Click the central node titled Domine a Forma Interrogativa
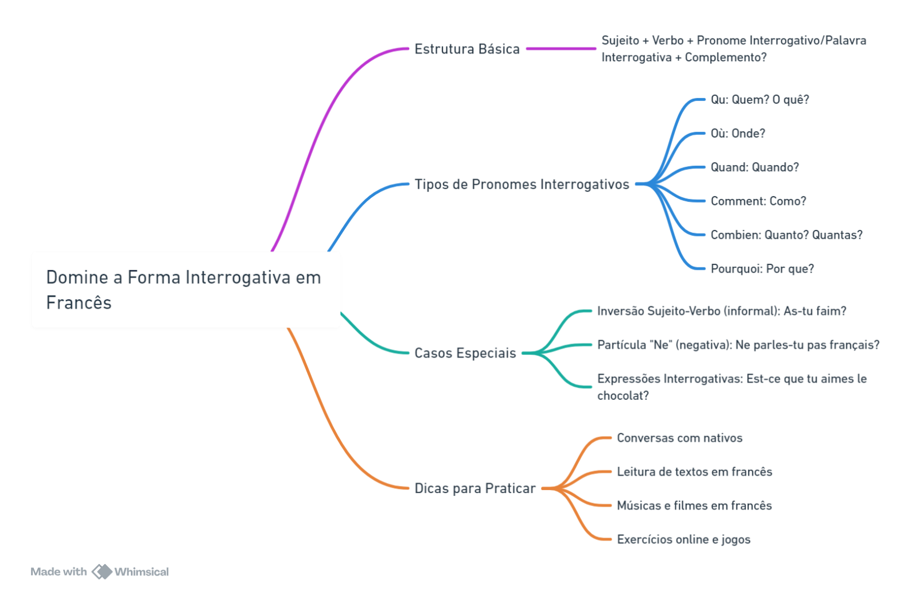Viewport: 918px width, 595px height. [186, 290]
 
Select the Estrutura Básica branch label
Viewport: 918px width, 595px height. [467, 49]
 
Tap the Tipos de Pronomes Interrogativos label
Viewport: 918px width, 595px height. [522, 184]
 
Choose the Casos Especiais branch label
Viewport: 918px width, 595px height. [465, 353]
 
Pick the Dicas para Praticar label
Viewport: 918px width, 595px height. [475, 488]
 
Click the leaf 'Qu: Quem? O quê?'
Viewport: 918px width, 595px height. [760, 100]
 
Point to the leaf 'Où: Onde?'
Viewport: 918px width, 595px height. [738, 134]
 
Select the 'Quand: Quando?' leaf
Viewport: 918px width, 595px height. [754, 167]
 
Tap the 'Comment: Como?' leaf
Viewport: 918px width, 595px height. [758, 201]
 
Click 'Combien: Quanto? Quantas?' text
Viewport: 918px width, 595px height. [787, 235]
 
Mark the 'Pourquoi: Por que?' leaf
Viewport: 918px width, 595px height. [763, 269]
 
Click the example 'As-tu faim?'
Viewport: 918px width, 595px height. [815, 311]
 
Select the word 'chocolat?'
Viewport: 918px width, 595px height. [623, 396]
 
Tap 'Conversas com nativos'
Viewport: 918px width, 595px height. [679, 438]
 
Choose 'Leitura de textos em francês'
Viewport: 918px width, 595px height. [695, 472]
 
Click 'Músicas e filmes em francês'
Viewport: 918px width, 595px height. [694, 505]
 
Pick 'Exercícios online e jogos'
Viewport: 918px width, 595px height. [683, 539]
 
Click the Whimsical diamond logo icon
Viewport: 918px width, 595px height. [102, 571]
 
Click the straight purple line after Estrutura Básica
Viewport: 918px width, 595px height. [561, 49]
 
